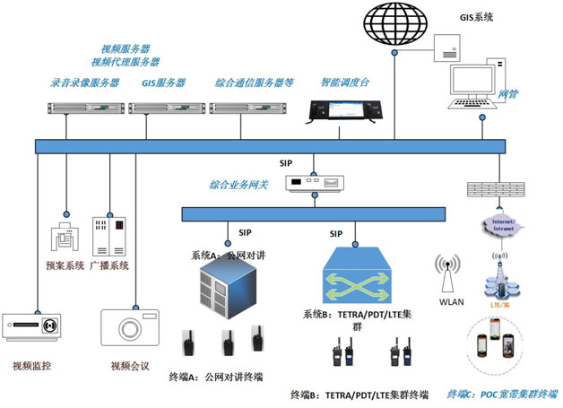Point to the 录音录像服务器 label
[85, 82]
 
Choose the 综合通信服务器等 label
[255, 82]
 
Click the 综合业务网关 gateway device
[315, 184]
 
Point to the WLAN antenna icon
[446, 271]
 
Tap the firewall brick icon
[495, 189]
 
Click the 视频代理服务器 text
[126, 62]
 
